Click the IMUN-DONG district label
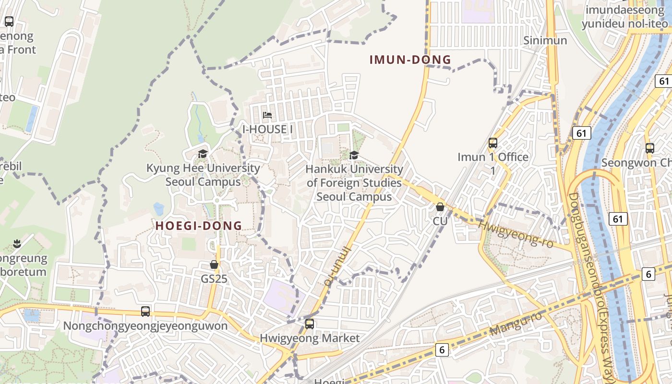tap(410, 60)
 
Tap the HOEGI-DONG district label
tap(199, 226)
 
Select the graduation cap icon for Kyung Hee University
tap(203, 154)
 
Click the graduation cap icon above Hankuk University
tap(354, 155)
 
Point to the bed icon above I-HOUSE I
tap(267, 115)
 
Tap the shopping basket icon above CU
tap(440, 207)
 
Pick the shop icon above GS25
tap(214, 264)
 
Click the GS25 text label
tap(214, 278)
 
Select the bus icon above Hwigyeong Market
tap(310, 324)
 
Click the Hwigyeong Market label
tap(310, 338)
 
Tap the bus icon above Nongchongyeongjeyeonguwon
tap(145, 312)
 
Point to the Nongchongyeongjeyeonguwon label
tap(145, 326)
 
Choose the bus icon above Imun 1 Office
tap(493, 143)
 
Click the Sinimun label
tap(545, 40)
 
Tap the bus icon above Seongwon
tap(650, 148)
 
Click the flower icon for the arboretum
tap(17, 243)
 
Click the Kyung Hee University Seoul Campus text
tap(203, 175)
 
